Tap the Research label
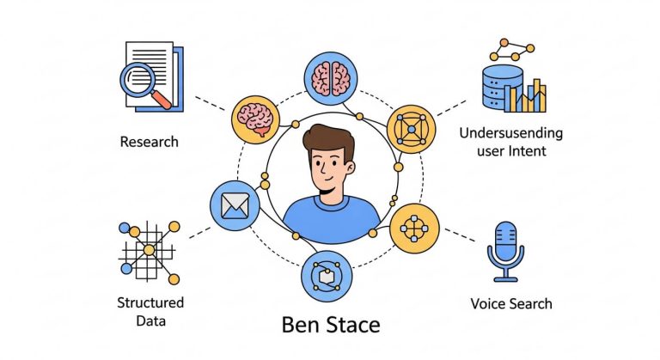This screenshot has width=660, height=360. click(x=150, y=141)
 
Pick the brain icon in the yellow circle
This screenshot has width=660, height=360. click(x=256, y=119)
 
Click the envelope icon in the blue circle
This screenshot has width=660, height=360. click(x=234, y=205)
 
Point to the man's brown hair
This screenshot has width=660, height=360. click(x=330, y=139)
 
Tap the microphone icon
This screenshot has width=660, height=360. click(x=505, y=249)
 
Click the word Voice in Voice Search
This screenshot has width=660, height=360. click(x=489, y=303)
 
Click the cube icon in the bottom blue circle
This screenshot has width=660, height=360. click(x=327, y=276)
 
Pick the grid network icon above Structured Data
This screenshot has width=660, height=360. click(x=150, y=250)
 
